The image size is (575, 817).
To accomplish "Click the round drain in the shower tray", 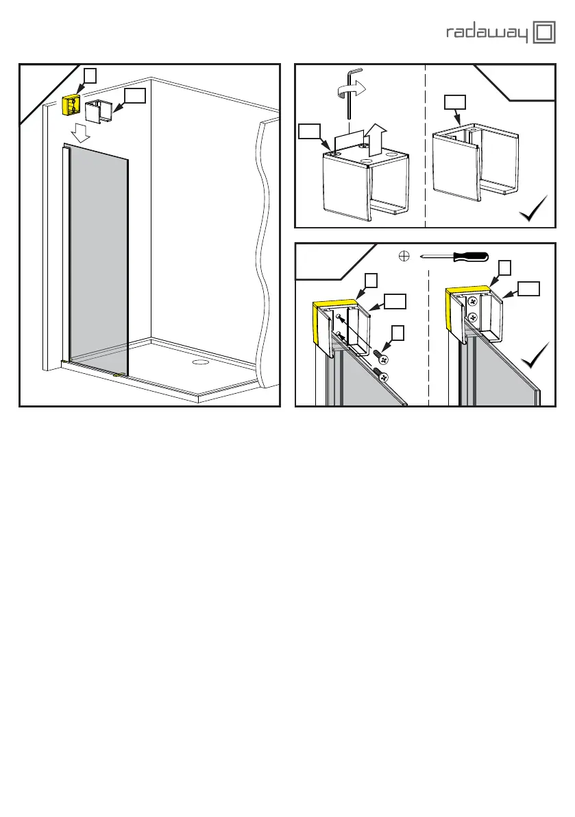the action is (x=200, y=360).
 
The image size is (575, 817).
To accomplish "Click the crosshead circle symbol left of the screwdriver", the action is (x=404, y=257).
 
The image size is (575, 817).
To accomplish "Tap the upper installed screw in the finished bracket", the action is (x=472, y=301).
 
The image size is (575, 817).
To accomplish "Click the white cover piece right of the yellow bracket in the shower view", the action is (x=100, y=111).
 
